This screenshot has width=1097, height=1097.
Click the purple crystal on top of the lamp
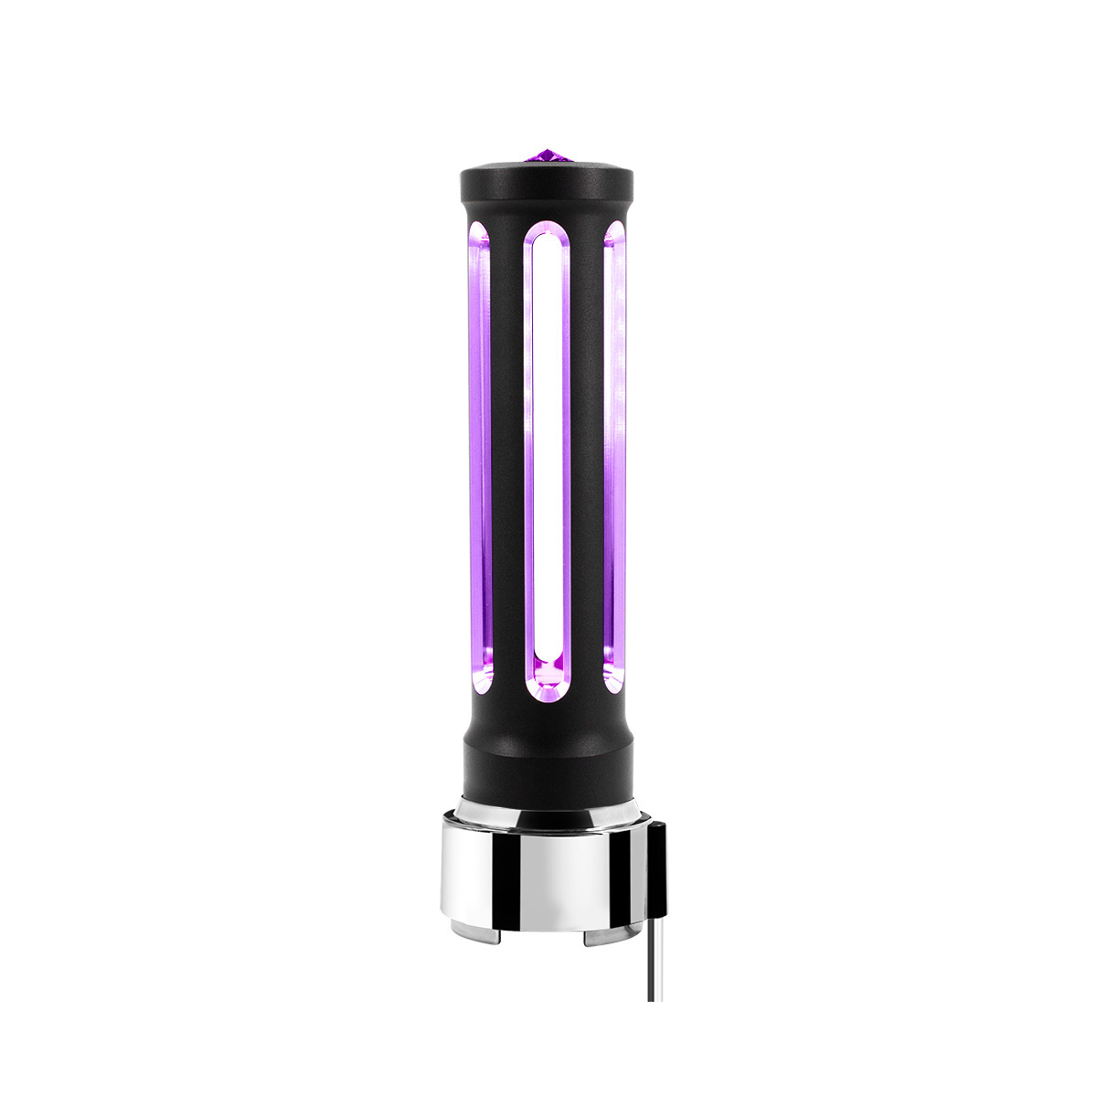pos(547,156)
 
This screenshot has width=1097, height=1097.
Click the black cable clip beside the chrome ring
pos(656,868)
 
